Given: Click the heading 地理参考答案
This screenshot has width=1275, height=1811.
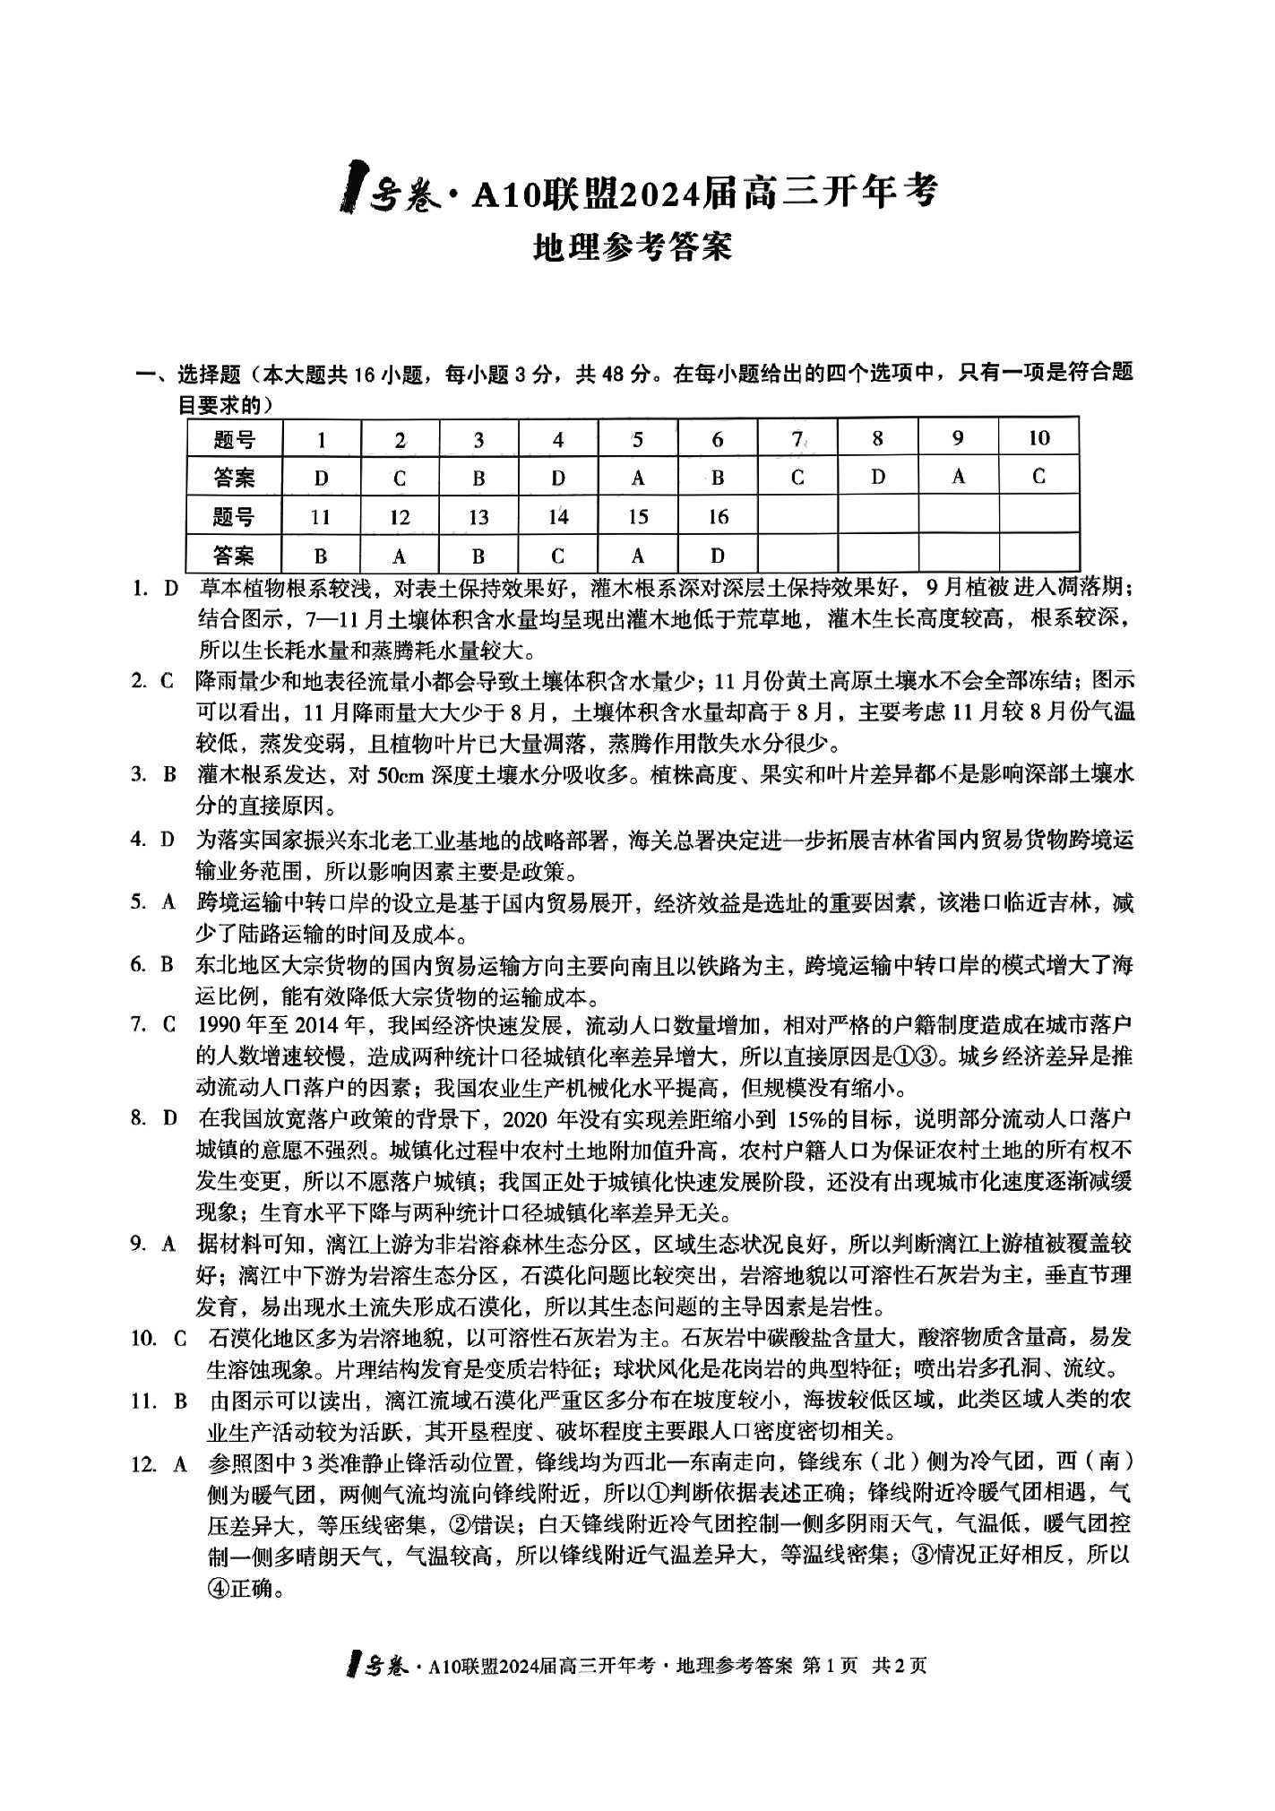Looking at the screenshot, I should coord(632,246).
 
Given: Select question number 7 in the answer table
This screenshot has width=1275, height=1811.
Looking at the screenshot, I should coord(797,439).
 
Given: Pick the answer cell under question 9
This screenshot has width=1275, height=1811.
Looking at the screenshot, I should coord(958,477).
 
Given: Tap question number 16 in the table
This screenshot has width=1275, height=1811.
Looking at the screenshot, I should coord(717,517).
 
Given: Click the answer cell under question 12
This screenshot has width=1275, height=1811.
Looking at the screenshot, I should coord(400,556).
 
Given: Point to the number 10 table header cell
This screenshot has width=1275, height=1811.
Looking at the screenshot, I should coord(1038,438).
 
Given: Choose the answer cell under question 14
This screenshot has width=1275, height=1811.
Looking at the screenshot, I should coord(558,556).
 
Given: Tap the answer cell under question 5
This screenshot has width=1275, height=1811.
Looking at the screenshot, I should coord(637,478).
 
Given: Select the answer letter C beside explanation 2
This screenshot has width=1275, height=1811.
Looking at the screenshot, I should coord(167,681).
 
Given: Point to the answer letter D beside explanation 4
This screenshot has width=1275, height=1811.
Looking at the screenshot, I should coord(167,840).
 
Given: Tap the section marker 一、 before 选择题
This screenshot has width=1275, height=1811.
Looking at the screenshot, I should coord(149,374).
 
